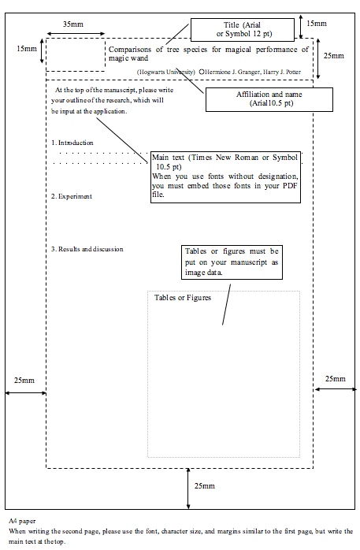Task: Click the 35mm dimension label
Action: (73, 24)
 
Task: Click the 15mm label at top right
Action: (317, 24)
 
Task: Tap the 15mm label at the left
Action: (27, 49)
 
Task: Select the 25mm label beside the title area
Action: (334, 56)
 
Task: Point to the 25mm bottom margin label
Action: (205, 486)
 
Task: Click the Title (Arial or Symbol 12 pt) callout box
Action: (243, 30)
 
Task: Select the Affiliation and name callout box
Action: (269, 99)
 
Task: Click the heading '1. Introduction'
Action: (72, 143)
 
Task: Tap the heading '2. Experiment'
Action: (72, 196)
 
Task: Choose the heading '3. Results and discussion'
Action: (87, 249)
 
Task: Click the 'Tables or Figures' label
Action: (183, 298)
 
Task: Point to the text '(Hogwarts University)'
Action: (165, 72)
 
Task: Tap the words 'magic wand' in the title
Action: (128, 58)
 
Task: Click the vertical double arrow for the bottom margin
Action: (188, 489)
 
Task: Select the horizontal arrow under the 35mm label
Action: (76, 34)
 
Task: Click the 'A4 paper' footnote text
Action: (22, 521)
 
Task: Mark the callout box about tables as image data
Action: (232, 262)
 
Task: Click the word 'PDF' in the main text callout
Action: (290, 185)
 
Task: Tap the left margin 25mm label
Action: (24, 381)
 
